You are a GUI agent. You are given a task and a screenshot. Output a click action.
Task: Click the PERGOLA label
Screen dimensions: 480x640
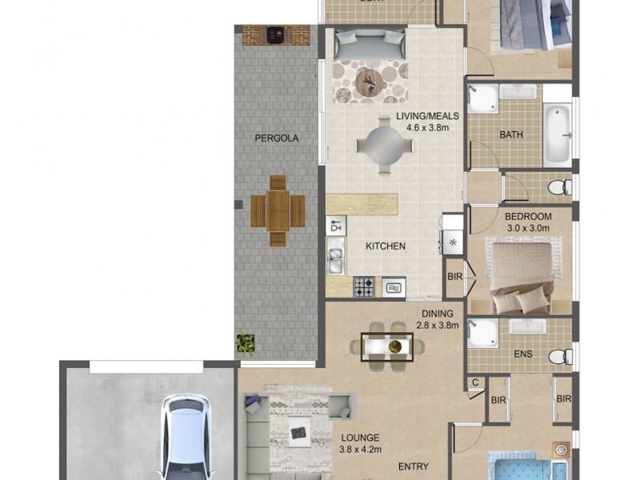(x=277, y=138)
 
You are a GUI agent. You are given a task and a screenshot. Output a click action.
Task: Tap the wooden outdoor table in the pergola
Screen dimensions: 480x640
(x=278, y=210)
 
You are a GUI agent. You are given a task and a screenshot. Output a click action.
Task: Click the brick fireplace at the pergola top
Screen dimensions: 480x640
(x=276, y=34)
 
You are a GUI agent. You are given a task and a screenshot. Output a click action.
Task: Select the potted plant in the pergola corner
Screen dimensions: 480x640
(x=246, y=343)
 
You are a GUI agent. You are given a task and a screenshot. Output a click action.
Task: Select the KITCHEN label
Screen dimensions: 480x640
(x=386, y=246)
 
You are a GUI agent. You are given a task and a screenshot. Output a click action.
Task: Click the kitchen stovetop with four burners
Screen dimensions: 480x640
(x=365, y=286)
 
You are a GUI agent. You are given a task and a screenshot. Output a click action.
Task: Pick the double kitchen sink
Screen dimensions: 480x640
(x=336, y=258)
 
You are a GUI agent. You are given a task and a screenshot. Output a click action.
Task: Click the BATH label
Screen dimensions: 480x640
(x=511, y=134)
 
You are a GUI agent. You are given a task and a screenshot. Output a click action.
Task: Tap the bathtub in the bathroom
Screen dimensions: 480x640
(x=558, y=133)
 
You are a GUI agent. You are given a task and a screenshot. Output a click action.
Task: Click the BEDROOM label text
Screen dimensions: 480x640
(x=528, y=217)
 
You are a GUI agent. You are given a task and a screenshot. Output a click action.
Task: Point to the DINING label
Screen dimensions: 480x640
(x=437, y=314)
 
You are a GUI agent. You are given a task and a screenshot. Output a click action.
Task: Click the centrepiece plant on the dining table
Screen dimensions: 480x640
(x=394, y=346)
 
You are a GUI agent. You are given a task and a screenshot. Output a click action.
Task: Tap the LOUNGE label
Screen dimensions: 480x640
(x=360, y=438)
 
